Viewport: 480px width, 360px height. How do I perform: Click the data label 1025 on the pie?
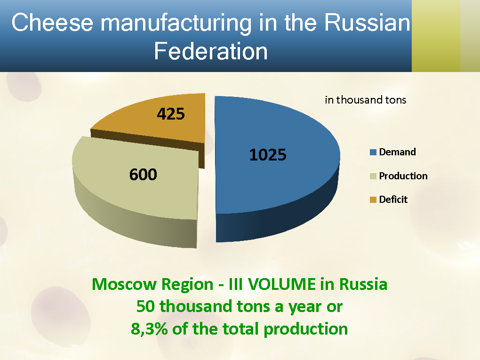click(268, 154)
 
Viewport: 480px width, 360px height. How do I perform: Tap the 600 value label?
click(143, 175)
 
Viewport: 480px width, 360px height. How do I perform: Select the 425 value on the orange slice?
click(170, 113)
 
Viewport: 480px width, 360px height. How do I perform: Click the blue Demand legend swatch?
click(374, 152)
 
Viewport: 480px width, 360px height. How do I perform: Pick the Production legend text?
click(403, 176)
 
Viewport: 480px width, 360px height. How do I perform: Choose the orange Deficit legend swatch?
click(374, 200)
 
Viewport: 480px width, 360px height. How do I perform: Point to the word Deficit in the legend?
click(393, 200)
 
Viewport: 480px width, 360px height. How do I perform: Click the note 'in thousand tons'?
click(366, 100)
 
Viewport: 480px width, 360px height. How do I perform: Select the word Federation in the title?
click(211, 51)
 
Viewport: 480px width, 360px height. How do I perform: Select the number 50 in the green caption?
click(146, 306)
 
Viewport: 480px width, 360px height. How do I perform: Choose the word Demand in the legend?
click(398, 152)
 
